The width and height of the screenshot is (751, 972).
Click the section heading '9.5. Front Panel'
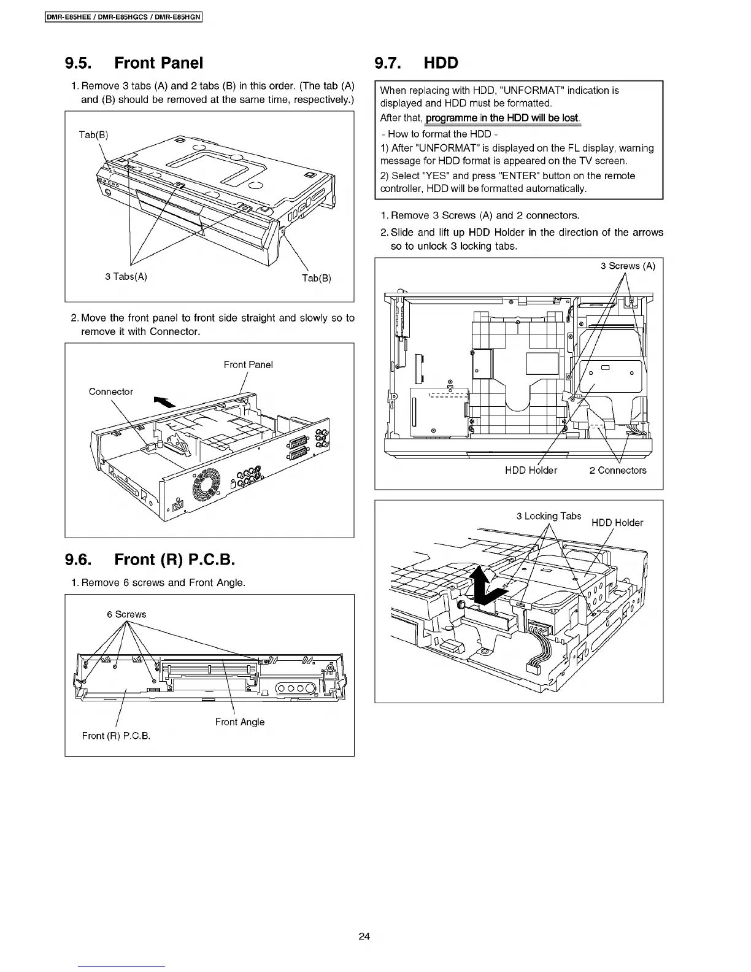(x=134, y=63)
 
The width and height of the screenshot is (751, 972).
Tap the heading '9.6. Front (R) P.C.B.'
(x=150, y=560)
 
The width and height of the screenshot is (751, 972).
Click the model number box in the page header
(x=124, y=17)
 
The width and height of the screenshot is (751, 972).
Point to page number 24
(x=364, y=936)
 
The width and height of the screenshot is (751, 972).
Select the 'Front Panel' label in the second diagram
(x=248, y=364)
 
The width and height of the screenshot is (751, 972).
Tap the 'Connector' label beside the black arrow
(x=110, y=391)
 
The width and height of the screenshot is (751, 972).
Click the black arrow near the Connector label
(x=163, y=401)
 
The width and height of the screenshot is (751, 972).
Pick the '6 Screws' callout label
(x=126, y=614)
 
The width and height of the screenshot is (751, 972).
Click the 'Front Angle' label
(x=240, y=722)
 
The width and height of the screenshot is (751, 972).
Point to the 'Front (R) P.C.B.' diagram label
(x=116, y=736)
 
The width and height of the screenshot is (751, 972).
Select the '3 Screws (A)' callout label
(x=628, y=266)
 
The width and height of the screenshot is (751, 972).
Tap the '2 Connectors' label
(x=618, y=470)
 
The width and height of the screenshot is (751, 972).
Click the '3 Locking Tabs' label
(x=549, y=516)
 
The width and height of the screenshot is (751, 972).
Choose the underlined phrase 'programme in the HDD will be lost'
(x=502, y=118)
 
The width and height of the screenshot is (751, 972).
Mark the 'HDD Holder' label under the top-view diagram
(x=531, y=470)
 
